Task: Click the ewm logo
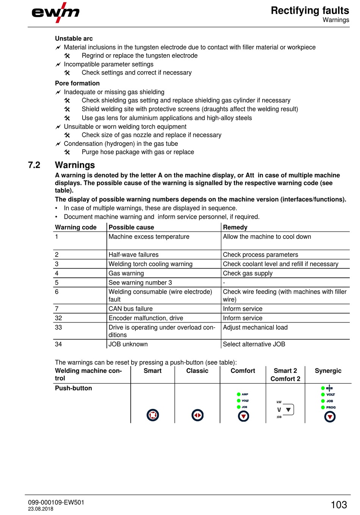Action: click(55, 13)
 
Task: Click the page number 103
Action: click(338, 505)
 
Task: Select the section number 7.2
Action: click(34, 165)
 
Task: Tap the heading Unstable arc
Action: click(74, 38)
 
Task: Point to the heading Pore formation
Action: click(77, 83)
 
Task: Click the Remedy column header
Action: click(235, 227)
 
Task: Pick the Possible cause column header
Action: click(131, 227)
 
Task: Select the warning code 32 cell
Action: click(58, 318)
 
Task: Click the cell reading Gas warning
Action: click(126, 273)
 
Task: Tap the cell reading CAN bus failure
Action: click(130, 309)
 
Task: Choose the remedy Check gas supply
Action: click(247, 273)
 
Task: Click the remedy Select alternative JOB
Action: click(254, 344)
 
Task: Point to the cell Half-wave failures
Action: click(133, 255)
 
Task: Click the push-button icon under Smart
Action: click(153, 415)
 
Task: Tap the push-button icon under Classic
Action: click(197, 415)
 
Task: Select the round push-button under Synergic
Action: click(330, 417)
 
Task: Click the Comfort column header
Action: click(243, 371)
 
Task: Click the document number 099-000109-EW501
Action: click(56, 502)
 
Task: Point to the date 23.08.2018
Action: click(41, 509)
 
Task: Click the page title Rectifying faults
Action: click(310, 11)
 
